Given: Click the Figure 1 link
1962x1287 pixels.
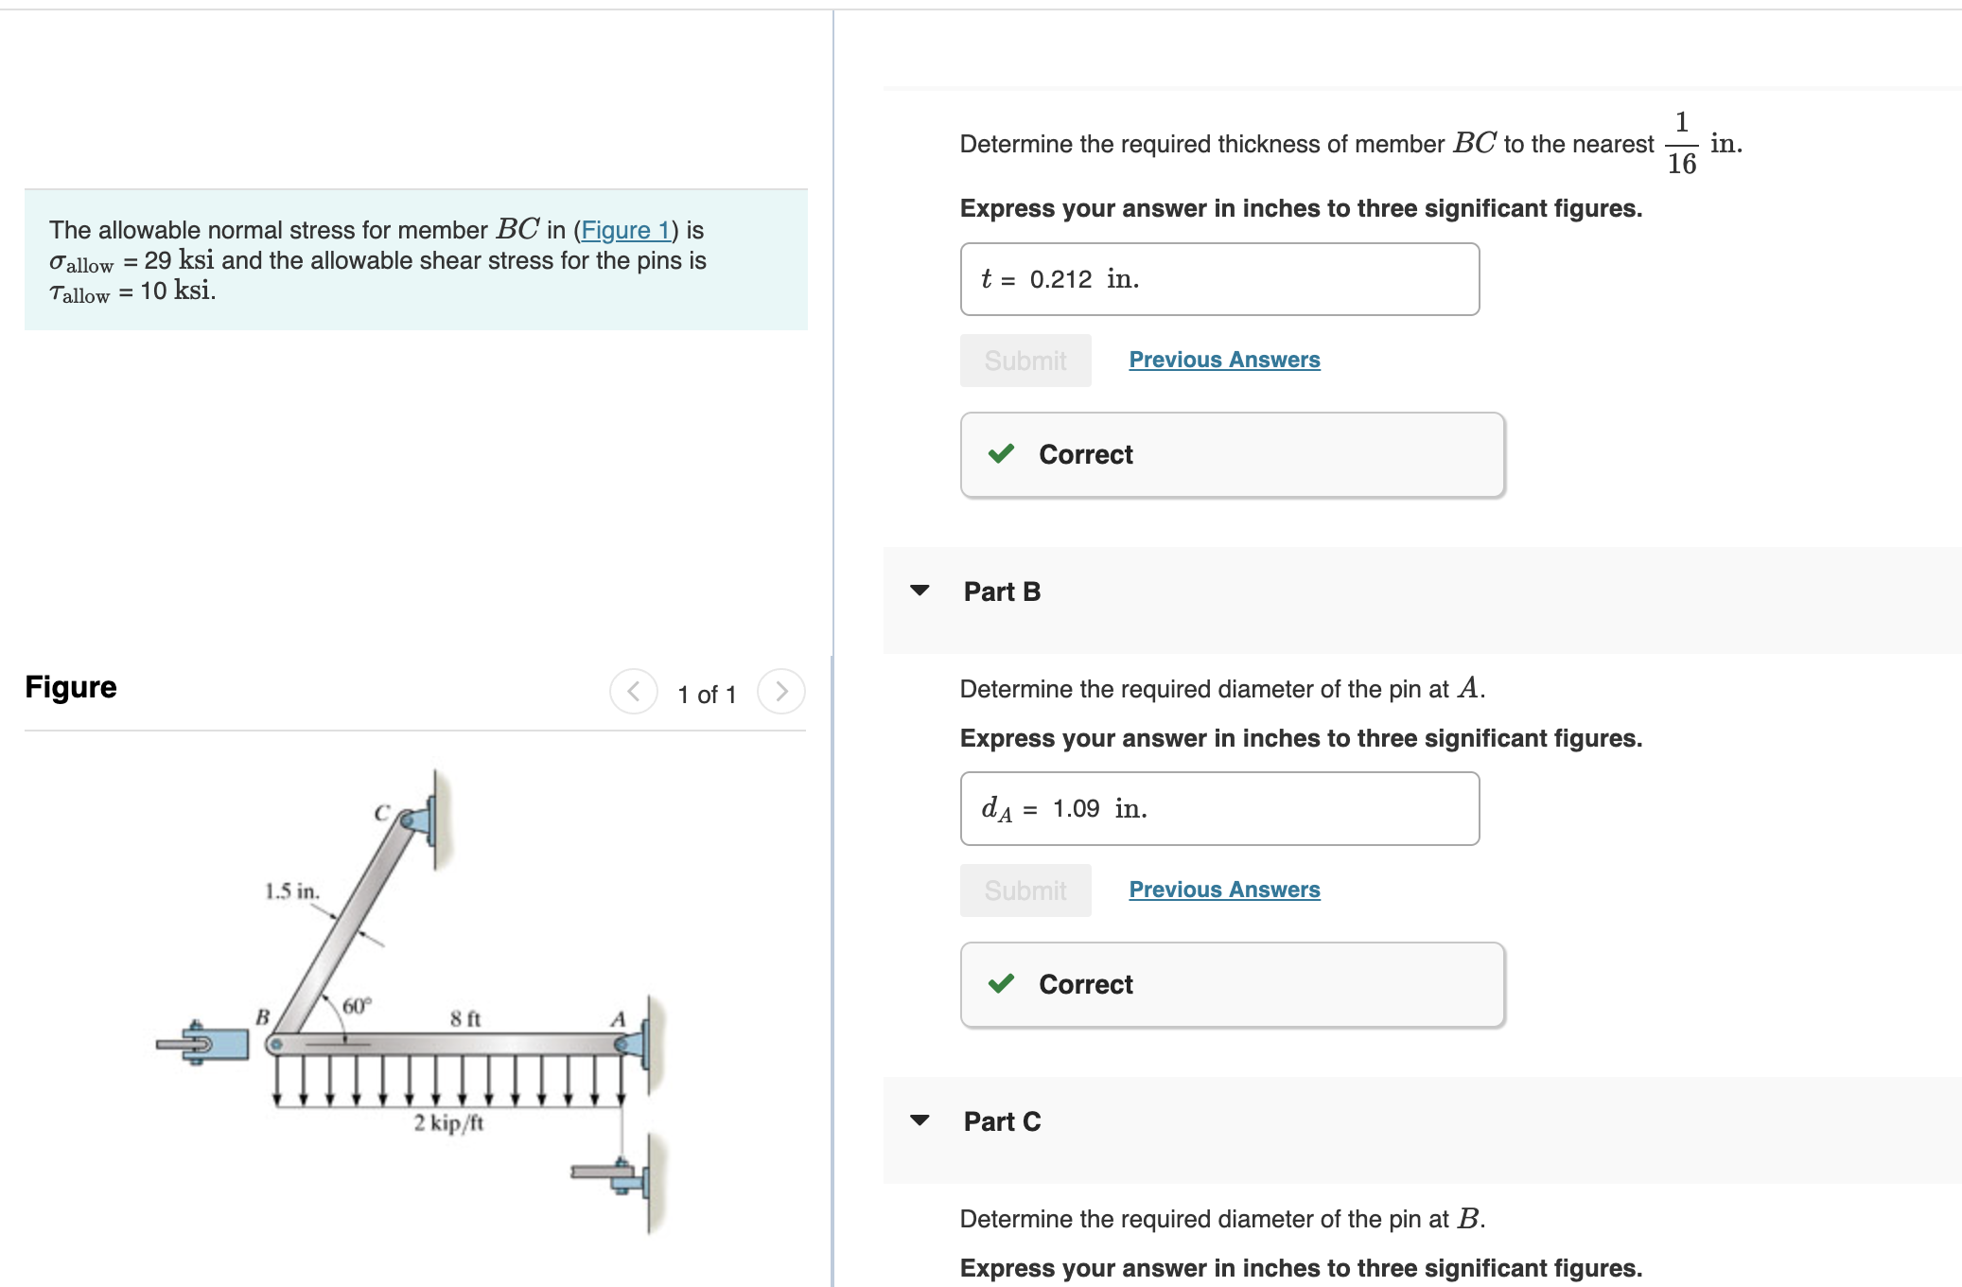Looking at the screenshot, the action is [625, 230].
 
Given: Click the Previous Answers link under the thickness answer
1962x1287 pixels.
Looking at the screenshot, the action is [1224, 360].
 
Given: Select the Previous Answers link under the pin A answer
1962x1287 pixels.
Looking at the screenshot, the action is [1224, 890].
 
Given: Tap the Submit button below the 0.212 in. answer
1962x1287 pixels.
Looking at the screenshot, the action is [1025, 361].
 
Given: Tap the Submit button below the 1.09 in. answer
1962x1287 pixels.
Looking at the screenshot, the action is [1025, 890].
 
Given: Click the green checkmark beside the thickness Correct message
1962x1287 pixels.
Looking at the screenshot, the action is [1001, 454].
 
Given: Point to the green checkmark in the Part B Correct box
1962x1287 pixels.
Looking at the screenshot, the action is [1001, 984].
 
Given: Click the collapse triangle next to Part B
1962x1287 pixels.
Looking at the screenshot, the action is [920, 591].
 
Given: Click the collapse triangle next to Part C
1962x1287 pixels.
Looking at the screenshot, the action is [920, 1120].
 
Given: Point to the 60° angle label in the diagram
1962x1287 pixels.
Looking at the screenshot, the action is [357, 1005].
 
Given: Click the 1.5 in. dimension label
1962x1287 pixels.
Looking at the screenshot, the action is [291, 890].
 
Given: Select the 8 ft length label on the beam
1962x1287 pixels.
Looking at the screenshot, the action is [465, 1018].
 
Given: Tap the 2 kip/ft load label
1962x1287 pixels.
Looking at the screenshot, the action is [448, 1122].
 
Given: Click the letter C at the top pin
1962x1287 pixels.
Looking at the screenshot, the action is [382, 813].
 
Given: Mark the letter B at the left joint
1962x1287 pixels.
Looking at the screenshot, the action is [262, 1016].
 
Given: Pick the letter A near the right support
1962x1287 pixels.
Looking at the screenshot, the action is [618, 1019].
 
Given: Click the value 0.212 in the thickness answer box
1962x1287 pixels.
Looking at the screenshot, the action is [1060, 279].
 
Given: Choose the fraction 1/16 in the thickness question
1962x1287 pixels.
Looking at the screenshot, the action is [1681, 143].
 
